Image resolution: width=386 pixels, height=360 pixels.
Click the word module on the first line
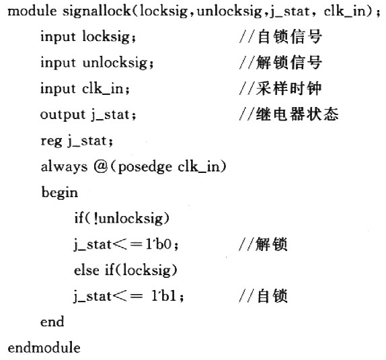pyautogui.click(x=32, y=11)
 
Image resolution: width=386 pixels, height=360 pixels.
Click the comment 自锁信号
pyautogui.click(x=289, y=37)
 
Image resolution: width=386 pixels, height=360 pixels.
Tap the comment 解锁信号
pyautogui.click(x=289, y=63)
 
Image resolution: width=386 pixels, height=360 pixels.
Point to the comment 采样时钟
pyautogui.click(x=288, y=88)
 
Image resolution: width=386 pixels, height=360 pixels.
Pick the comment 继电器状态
pyautogui.click(x=297, y=114)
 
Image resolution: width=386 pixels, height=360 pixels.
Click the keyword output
pyautogui.click(x=63, y=115)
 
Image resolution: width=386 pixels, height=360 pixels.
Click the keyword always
pyautogui.click(x=64, y=167)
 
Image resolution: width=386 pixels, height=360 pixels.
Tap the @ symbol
pyautogui.click(x=101, y=167)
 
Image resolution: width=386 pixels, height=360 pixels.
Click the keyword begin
pyautogui.click(x=60, y=193)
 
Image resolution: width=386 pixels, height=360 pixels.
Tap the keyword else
pyautogui.click(x=86, y=270)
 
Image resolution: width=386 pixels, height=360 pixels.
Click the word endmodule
pyautogui.click(x=44, y=348)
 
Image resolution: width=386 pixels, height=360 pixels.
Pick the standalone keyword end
pyautogui.click(x=52, y=322)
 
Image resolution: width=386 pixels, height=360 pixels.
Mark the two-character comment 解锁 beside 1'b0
pyautogui.click(x=272, y=244)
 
